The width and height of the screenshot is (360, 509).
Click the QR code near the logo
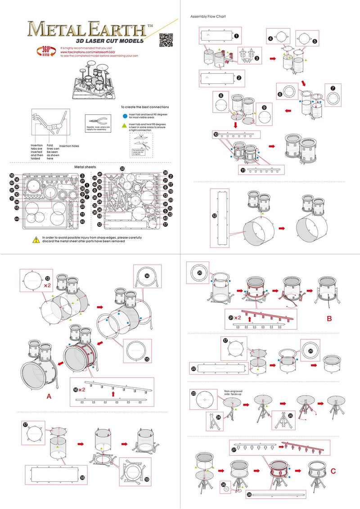click(x=166, y=40)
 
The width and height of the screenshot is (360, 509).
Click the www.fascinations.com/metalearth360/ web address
click(x=86, y=52)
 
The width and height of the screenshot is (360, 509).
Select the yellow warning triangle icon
click(x=36, y=239)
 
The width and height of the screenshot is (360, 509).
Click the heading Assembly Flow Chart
click(x=208, y=16)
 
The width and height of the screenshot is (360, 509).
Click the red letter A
click(x=49, y=396)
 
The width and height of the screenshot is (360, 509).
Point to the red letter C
click(x=333, y=471)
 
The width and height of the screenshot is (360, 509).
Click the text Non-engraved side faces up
click(x=237, y=393)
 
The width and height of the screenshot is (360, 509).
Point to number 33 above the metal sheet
click(x=122, y=168)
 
